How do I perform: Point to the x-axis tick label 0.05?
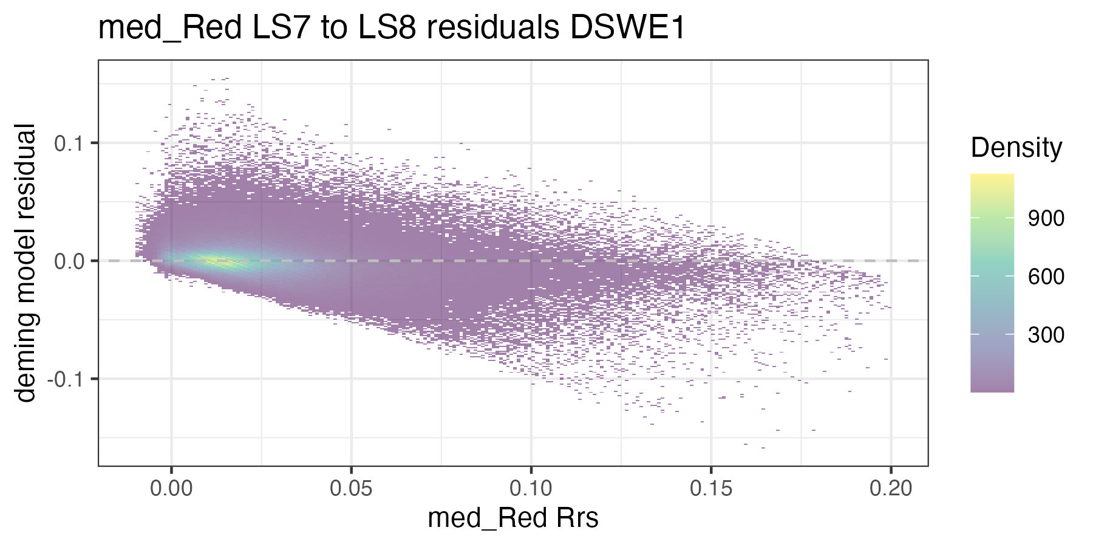click(351, 489)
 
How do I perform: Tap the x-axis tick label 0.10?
click(531, 489)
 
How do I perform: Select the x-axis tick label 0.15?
click(711, 489)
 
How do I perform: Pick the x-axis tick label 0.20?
click(891, 489)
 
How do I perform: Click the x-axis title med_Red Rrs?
click(513, 518)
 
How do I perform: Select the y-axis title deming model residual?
click(26, 263)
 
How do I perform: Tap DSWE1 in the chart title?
click(627, 28)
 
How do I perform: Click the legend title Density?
click(1016, 148)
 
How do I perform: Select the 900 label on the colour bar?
click(1046, 219)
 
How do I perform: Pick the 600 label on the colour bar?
click(1046, 277)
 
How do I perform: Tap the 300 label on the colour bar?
click(1046, 335)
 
